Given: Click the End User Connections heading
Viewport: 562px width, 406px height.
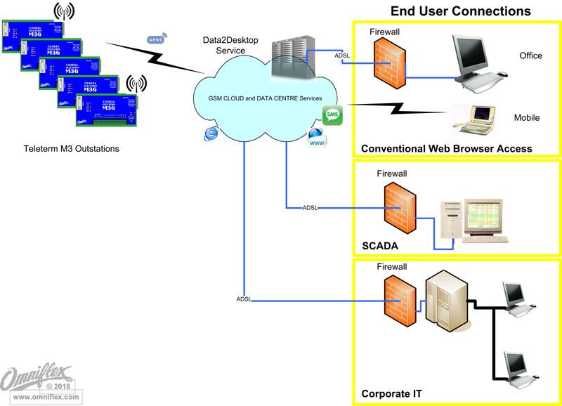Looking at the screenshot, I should click(x=460, y=11).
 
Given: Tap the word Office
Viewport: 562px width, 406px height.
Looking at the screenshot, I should click(x=530, y=55).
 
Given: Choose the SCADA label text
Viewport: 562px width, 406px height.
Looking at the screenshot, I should click(x=379, y=247).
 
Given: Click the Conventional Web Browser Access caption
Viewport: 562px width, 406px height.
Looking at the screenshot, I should click(x=446, y=148).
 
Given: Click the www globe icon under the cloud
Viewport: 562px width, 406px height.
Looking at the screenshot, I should click(x=316, y=138).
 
